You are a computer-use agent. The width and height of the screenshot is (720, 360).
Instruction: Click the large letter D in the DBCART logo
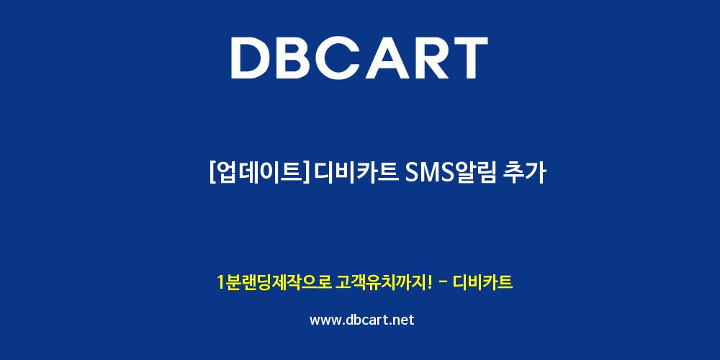[x=251, y=58]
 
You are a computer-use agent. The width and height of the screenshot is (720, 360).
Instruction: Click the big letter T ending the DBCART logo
[x=469, y=58]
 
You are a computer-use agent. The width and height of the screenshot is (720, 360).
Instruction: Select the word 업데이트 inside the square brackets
[x=258, y=174]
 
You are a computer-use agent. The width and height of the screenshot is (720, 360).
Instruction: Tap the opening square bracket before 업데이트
[x=212, y=174]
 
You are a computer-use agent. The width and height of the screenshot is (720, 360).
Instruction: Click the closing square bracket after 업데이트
[x=305, y=174]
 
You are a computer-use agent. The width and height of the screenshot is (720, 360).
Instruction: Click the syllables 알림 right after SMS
[x=475, y=174]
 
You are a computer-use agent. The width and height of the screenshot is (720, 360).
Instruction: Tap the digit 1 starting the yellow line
[x=221, y=283]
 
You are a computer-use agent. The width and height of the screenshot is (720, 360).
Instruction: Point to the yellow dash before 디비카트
[x=444, y=283]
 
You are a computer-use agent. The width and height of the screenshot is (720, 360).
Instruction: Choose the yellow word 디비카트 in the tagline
[x=482, y=283]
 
